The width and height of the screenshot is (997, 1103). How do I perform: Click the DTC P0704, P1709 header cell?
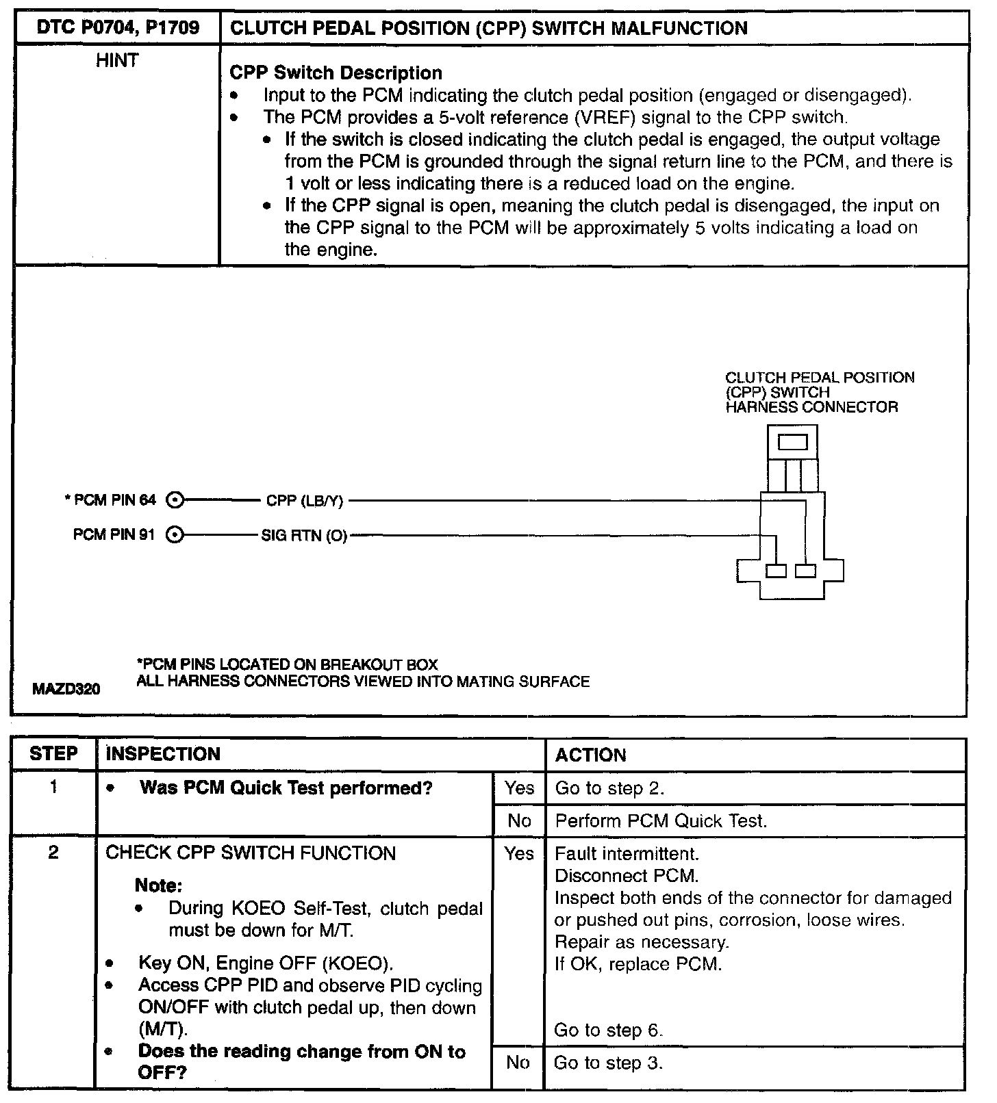117,28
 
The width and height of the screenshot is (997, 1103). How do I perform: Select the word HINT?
117,61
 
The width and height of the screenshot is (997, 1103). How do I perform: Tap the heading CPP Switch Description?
336,73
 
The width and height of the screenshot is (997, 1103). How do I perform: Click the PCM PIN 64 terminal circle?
175,500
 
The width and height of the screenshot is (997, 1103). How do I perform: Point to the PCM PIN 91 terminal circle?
175,534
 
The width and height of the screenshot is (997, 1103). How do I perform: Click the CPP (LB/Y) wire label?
304,501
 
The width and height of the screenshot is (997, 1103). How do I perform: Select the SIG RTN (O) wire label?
304,535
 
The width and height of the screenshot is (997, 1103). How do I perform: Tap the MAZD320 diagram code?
66,689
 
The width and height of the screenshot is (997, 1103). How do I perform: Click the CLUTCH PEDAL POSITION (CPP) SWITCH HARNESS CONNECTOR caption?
820,393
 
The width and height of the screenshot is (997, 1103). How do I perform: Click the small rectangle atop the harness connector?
792,442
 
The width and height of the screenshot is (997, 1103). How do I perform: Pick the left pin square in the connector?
776,571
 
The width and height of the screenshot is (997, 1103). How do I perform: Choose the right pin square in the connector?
806,571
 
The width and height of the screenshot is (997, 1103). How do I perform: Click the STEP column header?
53,754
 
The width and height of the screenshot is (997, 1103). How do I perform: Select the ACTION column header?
590,755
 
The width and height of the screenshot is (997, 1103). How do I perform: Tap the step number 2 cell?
53,853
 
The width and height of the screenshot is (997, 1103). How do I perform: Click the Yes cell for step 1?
519,788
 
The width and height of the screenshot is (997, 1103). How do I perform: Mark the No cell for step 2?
518,1063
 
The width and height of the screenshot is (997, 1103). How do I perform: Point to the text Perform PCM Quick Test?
661,820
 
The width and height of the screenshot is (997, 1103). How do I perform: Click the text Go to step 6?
609,1030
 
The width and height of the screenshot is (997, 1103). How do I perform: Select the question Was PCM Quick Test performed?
286,788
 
